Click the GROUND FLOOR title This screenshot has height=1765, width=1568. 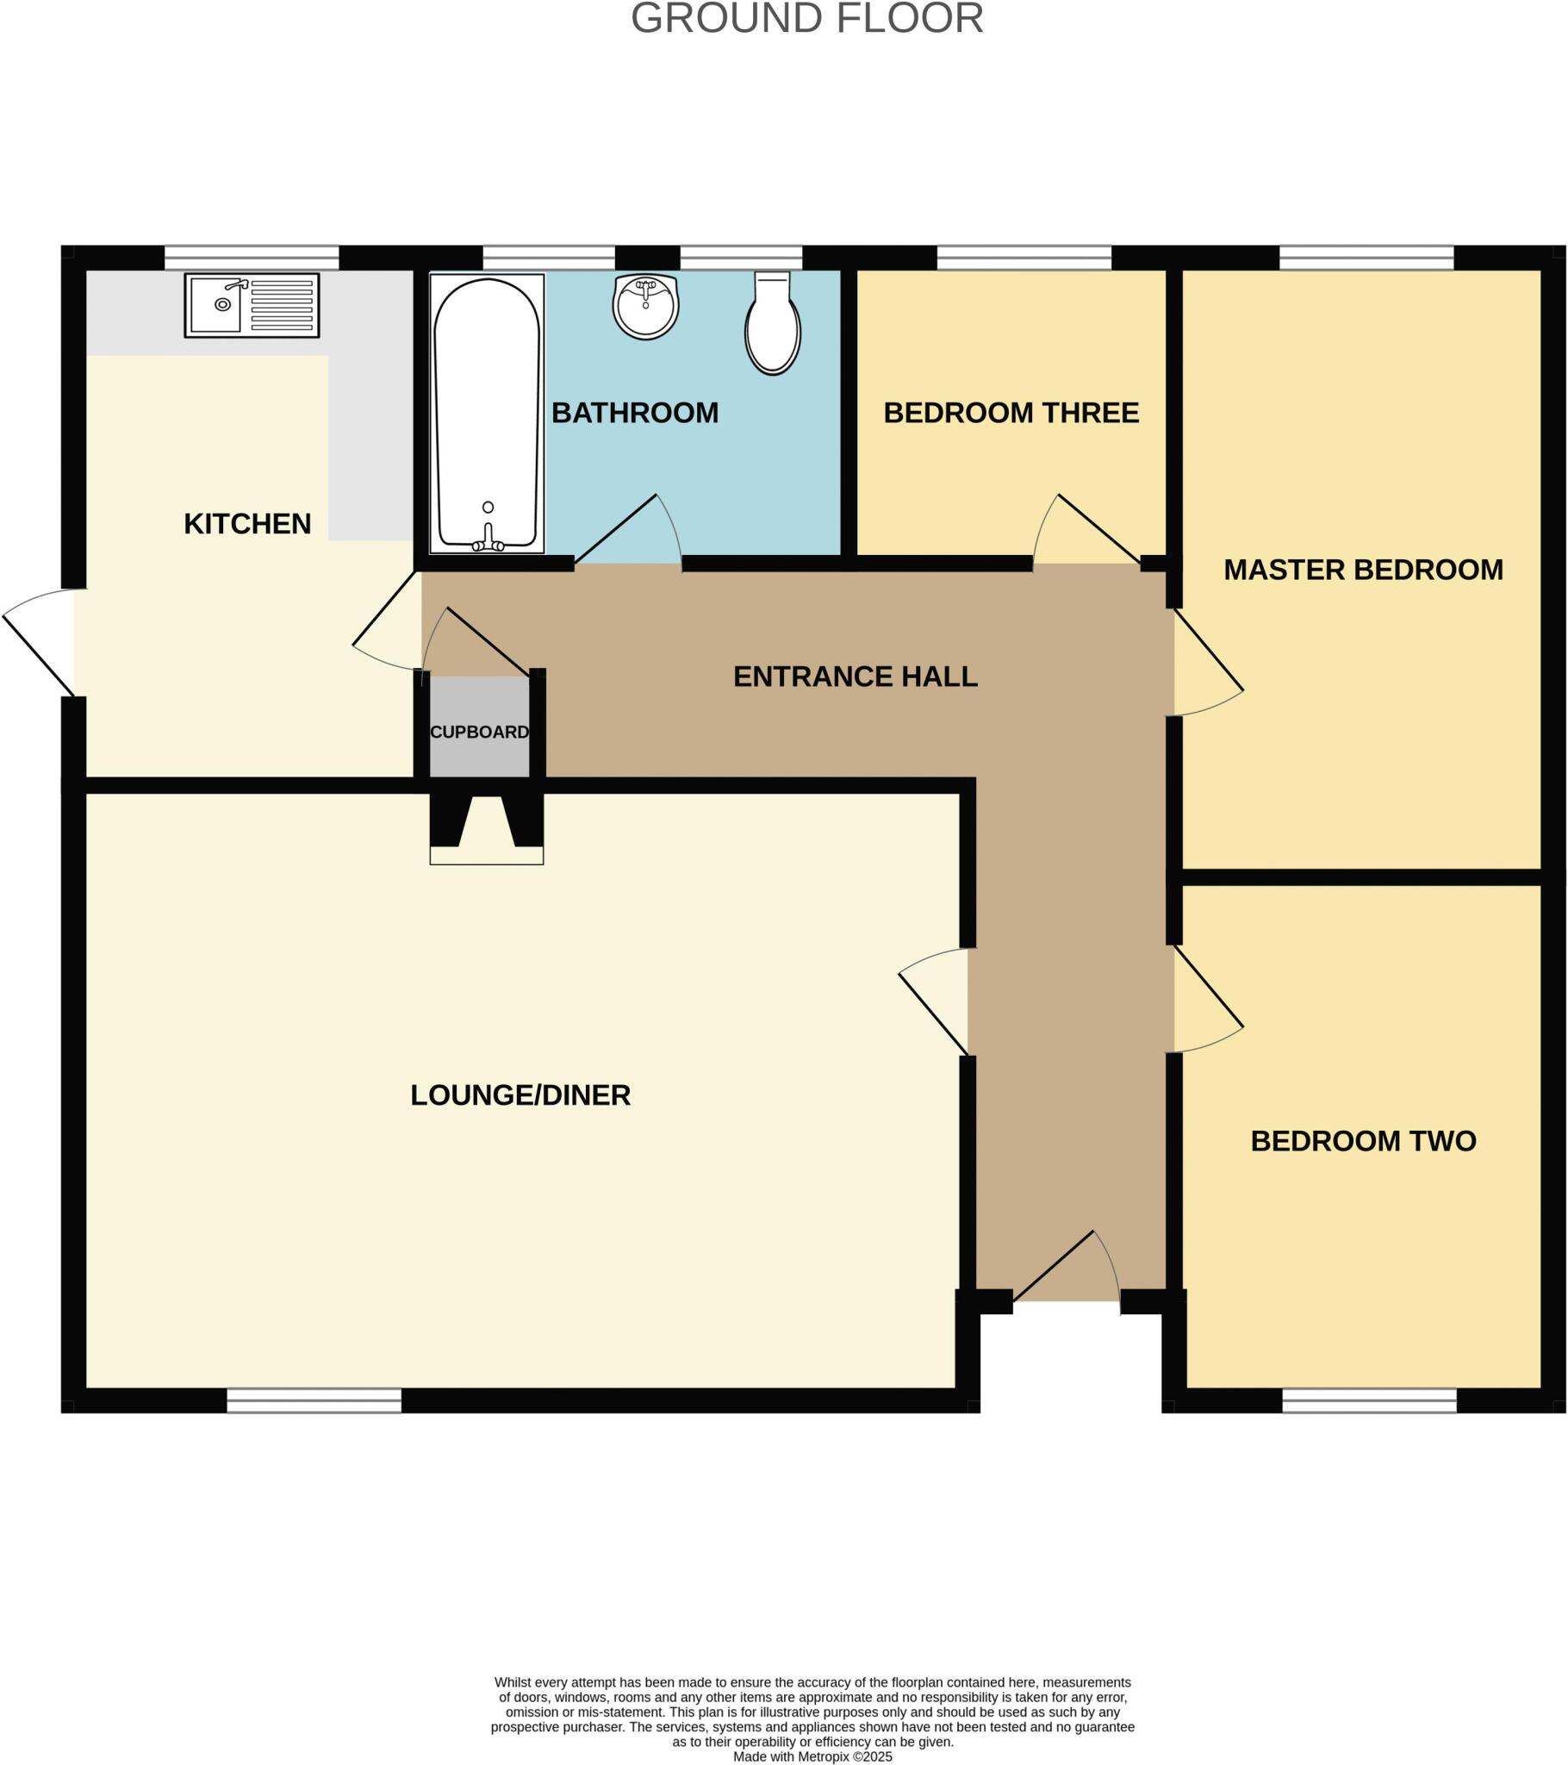806,19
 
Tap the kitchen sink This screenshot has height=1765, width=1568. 252,305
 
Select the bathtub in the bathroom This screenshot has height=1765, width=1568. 487,413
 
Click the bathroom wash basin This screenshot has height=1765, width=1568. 646,307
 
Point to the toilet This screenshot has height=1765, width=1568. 773,325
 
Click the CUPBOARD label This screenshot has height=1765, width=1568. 479,733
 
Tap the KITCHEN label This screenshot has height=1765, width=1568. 247,524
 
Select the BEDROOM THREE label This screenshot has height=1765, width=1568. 1011,413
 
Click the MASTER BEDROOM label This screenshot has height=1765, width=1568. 1363,570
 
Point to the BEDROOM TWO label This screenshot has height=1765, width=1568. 1363,1142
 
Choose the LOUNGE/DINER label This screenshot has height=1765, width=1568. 520,1095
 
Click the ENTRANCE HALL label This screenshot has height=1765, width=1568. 855,677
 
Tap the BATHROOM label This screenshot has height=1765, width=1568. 635,413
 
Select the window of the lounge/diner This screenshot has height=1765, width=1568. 314,1400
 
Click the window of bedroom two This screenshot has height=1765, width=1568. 1369,1400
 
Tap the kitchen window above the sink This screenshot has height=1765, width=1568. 252,258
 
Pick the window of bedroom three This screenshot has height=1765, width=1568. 1024,258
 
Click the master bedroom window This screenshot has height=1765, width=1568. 1366,258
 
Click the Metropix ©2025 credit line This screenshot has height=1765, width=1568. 812,1756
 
